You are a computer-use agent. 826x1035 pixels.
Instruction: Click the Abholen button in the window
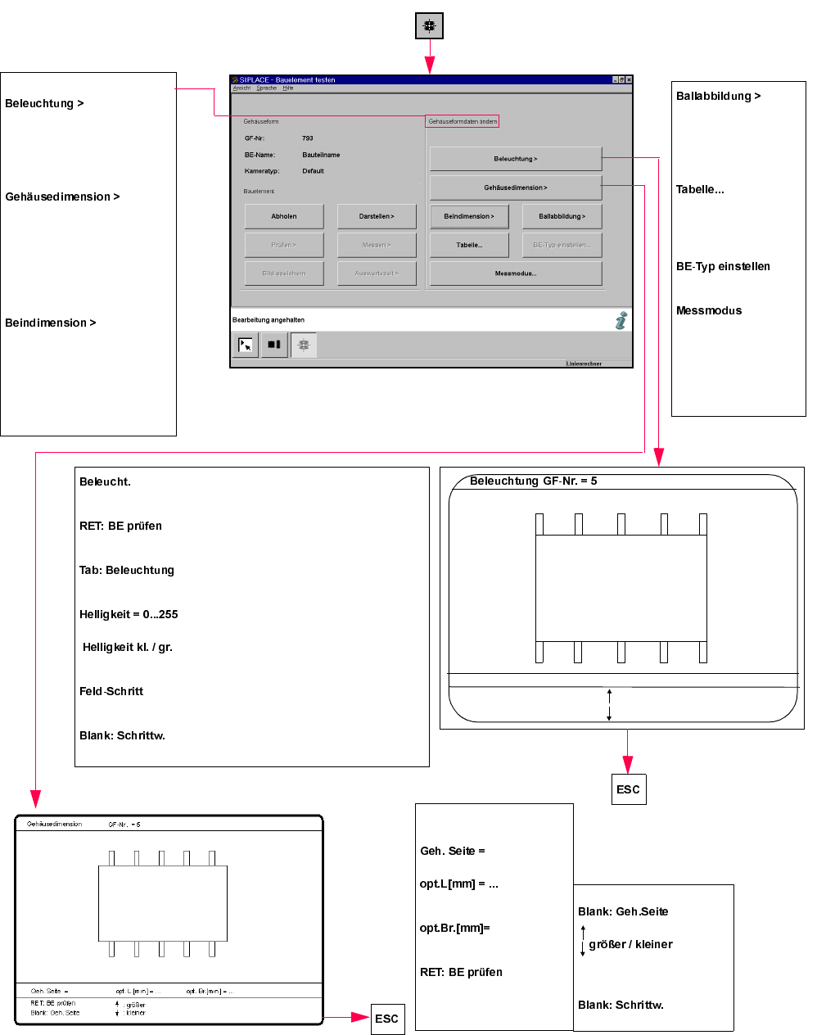[284, 216]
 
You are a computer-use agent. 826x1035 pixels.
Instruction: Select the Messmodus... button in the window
[516, 273]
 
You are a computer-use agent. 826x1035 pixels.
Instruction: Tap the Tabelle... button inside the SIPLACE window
[469, 245]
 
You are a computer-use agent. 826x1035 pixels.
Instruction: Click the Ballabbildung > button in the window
[562, 216]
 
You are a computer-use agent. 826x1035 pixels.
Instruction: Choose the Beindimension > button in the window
[469, 216]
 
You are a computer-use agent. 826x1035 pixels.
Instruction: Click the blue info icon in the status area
[621, 320]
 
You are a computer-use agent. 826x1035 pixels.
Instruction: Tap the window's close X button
[629, 79]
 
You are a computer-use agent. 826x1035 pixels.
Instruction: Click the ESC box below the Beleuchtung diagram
[628, 789]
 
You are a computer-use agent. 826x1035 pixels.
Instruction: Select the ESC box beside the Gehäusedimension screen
[387, 1019]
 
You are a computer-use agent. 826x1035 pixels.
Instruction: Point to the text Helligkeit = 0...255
[129, 614]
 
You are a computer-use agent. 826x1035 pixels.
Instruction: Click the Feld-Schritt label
[111, 691]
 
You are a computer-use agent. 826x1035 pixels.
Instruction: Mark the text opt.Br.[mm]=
[454, 928]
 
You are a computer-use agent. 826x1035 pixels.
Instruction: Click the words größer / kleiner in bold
[630, 944]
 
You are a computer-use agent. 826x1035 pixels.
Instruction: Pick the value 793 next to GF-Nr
[308, 138]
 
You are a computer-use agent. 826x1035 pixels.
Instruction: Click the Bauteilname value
[321, 155]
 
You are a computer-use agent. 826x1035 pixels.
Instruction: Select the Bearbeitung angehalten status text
[269, 320]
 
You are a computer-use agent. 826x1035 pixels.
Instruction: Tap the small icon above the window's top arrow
[429, 26]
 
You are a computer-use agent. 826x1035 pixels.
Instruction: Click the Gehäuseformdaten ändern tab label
[463, 121]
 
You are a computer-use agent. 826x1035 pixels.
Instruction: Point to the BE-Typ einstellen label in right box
[723, 266]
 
